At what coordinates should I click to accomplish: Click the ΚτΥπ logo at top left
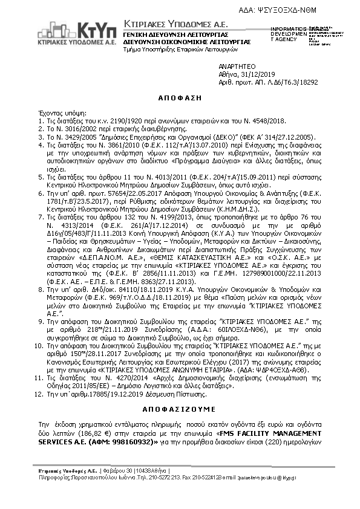pyautogui.click(x=79, y=28)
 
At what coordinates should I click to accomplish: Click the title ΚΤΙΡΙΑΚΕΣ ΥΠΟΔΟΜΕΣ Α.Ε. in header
pyautogui.click(x=168, y=22)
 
